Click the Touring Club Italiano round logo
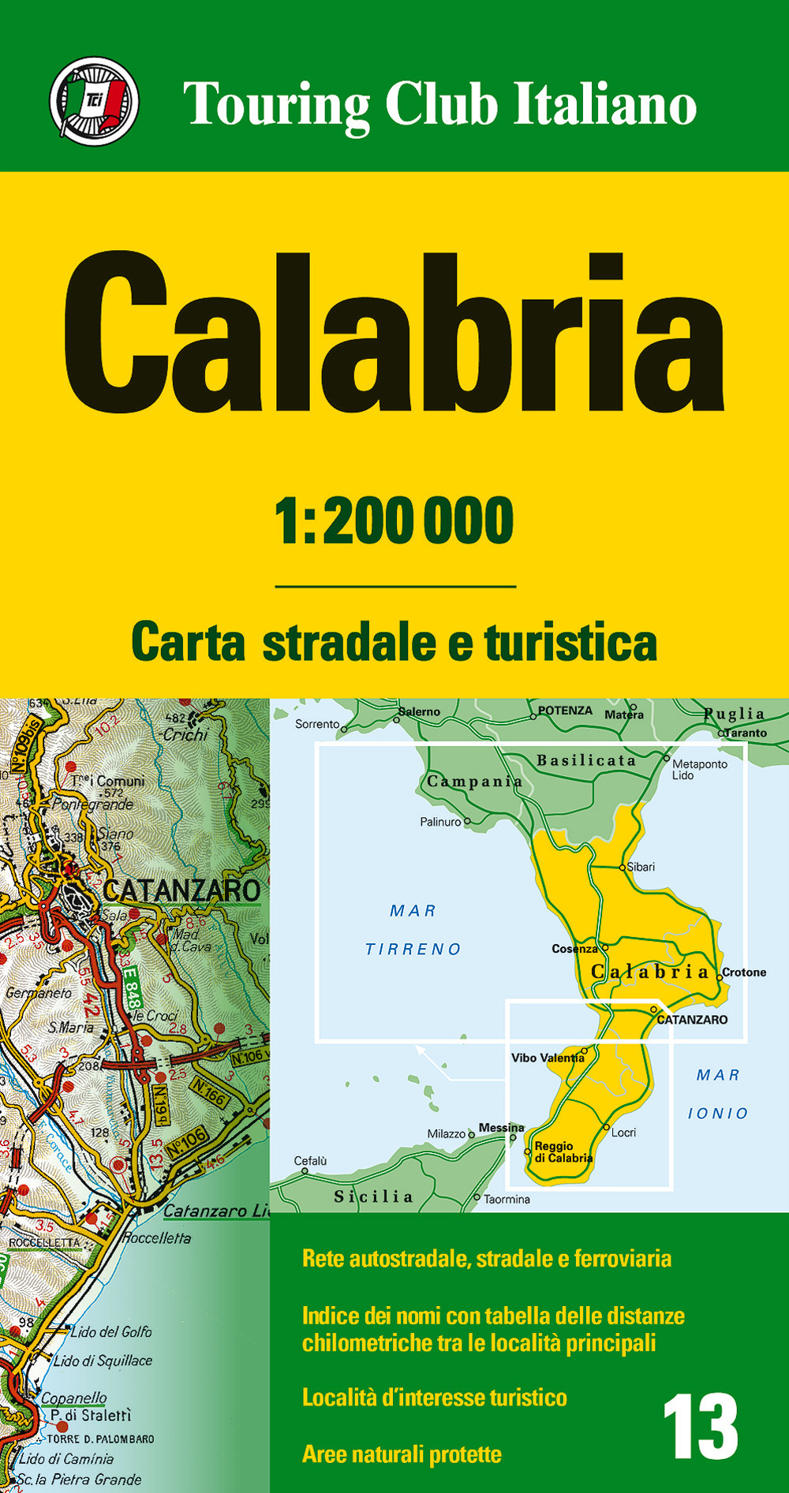pos(94,101)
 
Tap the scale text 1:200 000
pos(394,521)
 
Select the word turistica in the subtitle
pos(570,642)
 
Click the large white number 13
pos(700,1427)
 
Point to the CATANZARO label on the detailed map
pos(181,891)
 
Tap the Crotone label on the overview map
pos(744,972)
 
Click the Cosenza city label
pos(574,949)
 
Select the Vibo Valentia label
pos(548,1058)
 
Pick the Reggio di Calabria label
pos(563,1152)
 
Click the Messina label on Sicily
pos(501,1128)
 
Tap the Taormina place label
pos(507,1200)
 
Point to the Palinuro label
pos(440,822)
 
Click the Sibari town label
pos(641,867)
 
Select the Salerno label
pos(419,711)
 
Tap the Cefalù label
pos(310,1161)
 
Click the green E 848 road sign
pos(131,987)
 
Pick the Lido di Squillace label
pos(103,1360)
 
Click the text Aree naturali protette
pos(402,1454)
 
